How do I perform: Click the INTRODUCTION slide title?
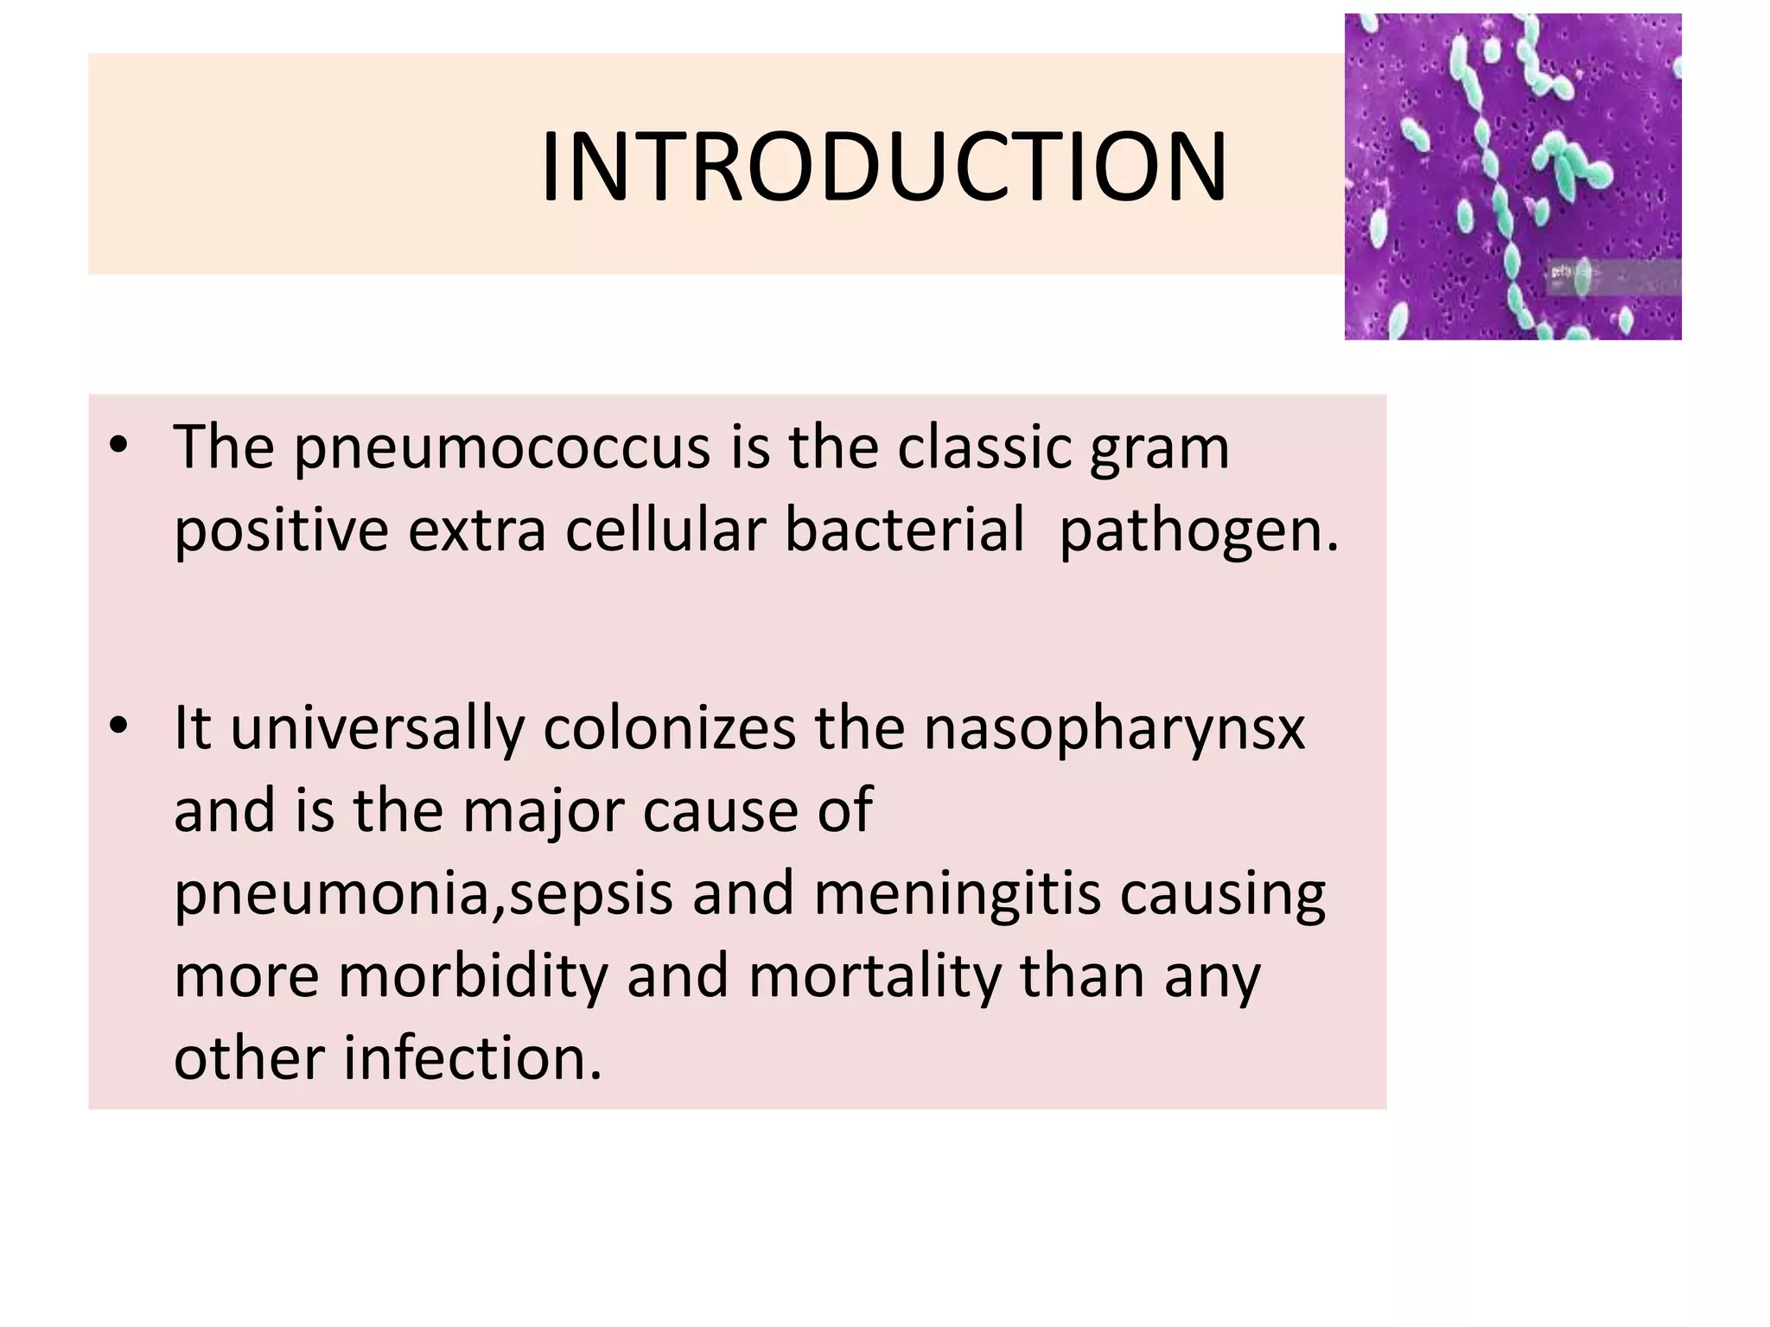click(x=883, y=168)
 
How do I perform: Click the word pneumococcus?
click(x=501, y=449)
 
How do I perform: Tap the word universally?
click(x=377, y=728)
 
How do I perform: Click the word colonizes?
click(x=669, y=728)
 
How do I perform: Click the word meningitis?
click(x=957, y=893)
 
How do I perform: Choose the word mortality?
click(x=874, y=976)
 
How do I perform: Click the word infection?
click(x=473, y=1057)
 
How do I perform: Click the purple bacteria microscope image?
click(x=1512, y=176)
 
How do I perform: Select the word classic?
click(x=984, y=448)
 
